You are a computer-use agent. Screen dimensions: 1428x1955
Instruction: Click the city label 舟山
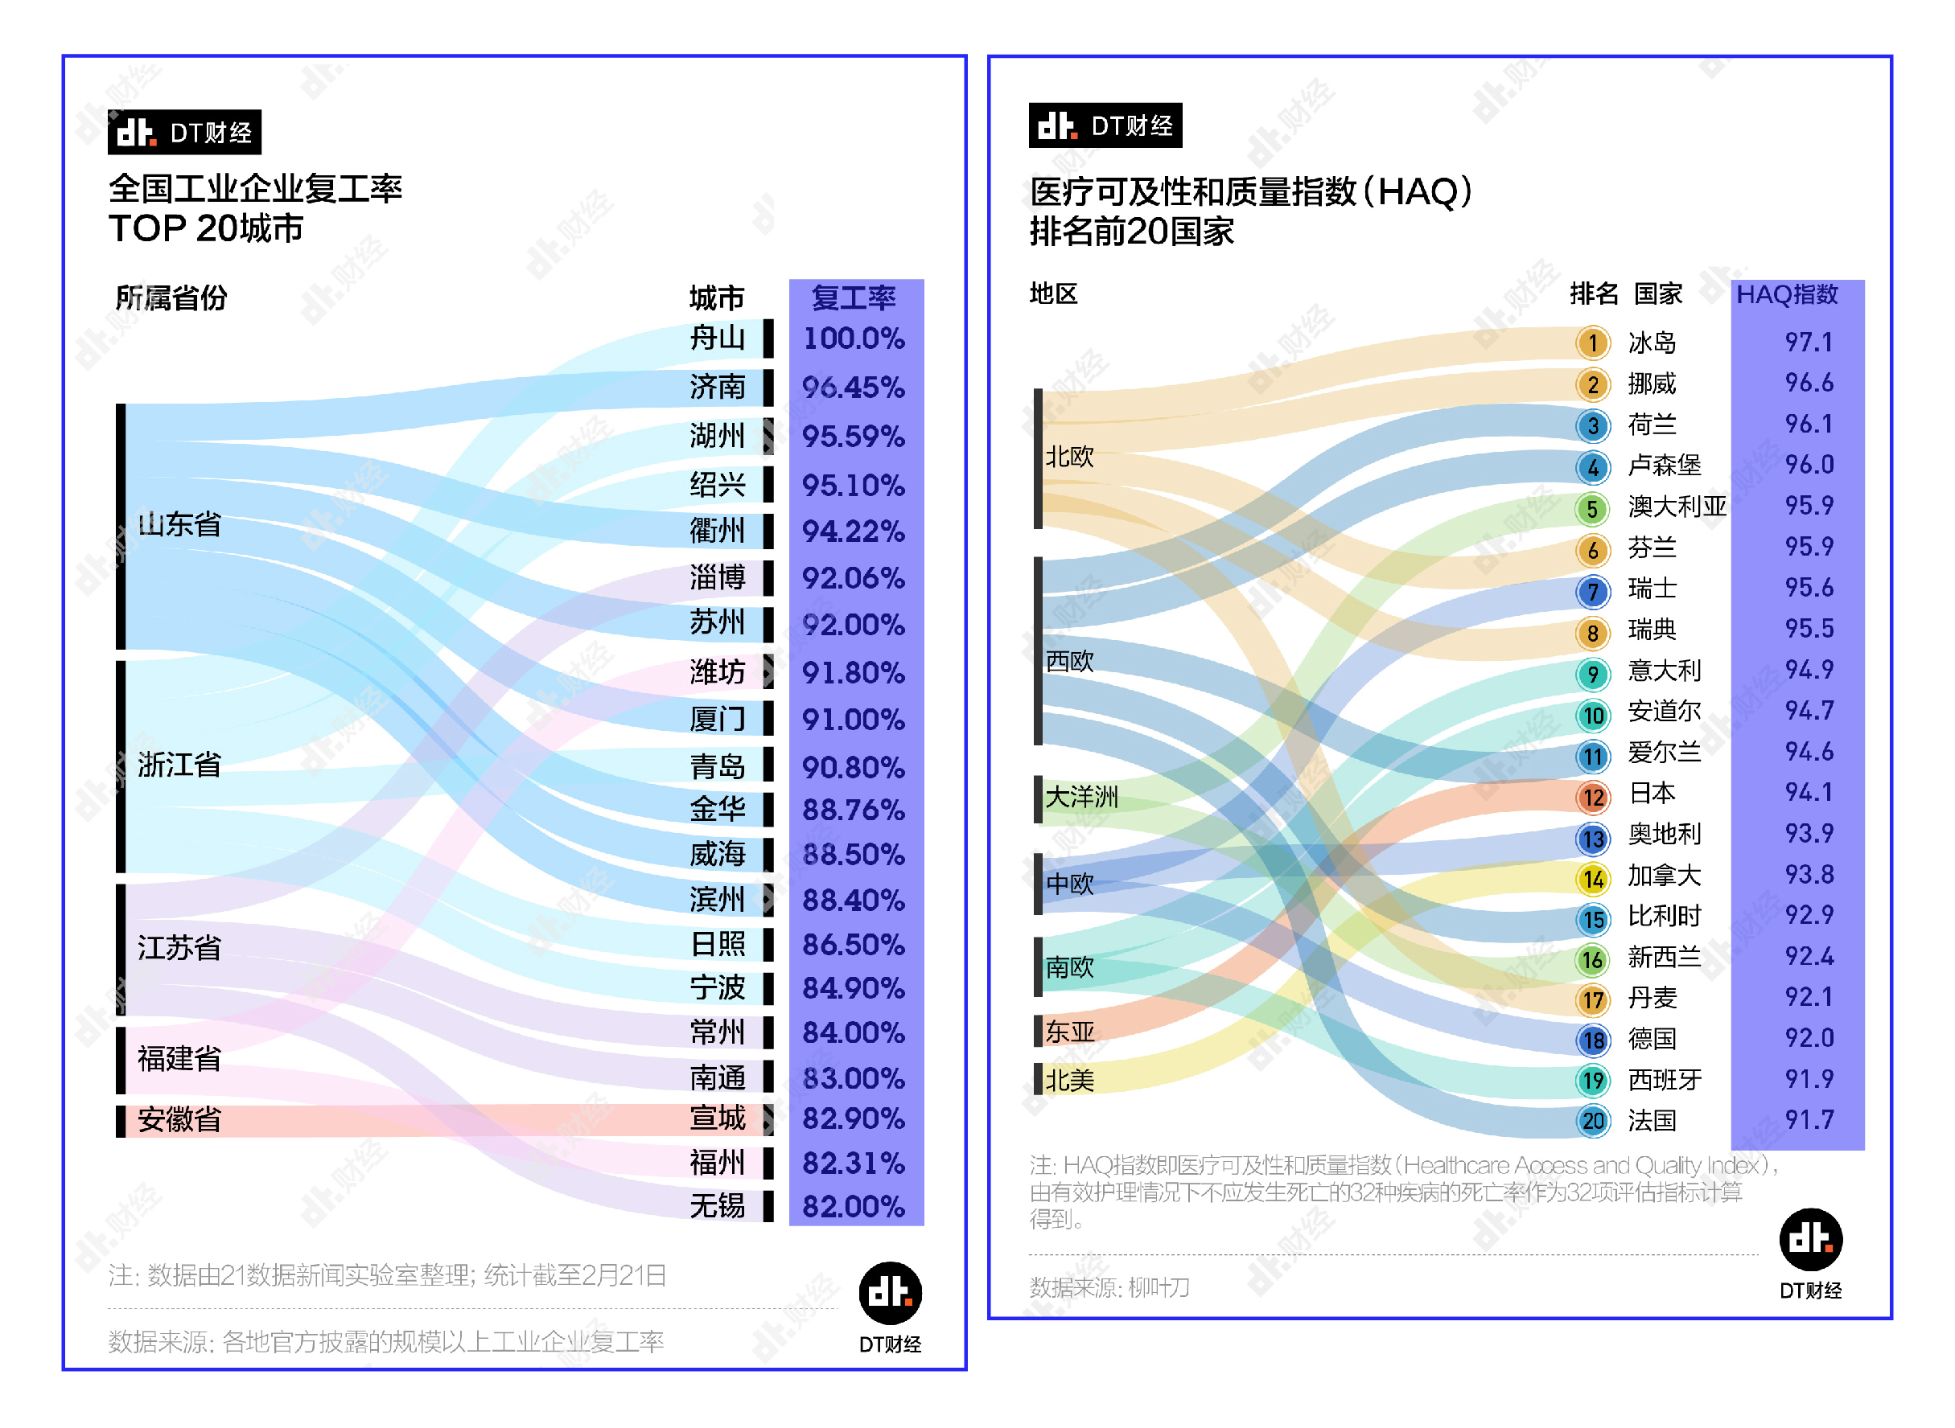(717, 337)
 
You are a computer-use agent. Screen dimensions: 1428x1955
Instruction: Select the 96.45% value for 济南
(853, 388)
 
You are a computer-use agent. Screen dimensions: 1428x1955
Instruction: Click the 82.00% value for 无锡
(853, 1206)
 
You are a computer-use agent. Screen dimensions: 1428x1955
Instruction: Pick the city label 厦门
(717, 718)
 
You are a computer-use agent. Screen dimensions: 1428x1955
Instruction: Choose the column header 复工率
(853, 297)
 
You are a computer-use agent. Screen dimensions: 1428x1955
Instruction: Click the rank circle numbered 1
(1592, 343)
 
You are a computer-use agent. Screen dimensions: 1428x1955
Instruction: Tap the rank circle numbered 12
(1592, 796)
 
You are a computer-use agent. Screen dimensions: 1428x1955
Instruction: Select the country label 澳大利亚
(1676, 506)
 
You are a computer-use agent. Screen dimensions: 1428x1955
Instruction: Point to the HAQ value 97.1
(1808, 343)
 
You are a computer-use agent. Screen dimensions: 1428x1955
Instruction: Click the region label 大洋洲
(1080, 796)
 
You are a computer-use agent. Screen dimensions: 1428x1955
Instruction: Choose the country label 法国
(1652, 1120)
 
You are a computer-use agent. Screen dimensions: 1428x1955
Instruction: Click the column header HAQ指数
(1786, 295)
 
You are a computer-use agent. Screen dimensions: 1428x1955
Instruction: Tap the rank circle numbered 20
(1592, 1120)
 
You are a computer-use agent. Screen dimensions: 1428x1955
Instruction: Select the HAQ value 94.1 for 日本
(1808, 792)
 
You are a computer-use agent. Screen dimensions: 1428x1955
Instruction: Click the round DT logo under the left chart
(890, 1293)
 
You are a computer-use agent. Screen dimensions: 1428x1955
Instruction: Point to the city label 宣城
(717, 1118)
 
